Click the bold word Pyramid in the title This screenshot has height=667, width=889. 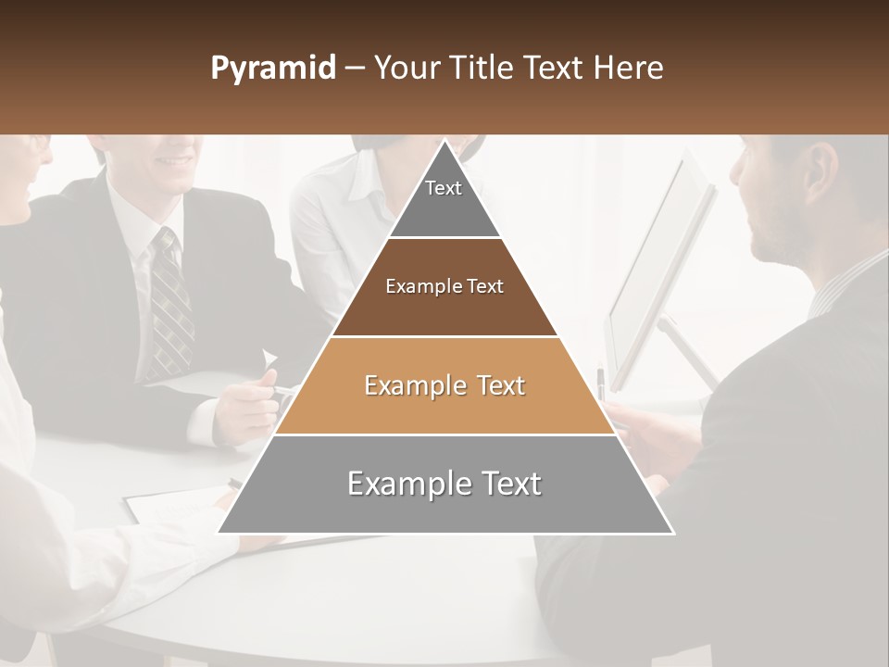tap(273, 69)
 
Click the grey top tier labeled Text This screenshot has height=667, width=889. tap(444, 204)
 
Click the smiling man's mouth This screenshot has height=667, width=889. tap(174, 160)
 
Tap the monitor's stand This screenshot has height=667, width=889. tap(690, 352)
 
